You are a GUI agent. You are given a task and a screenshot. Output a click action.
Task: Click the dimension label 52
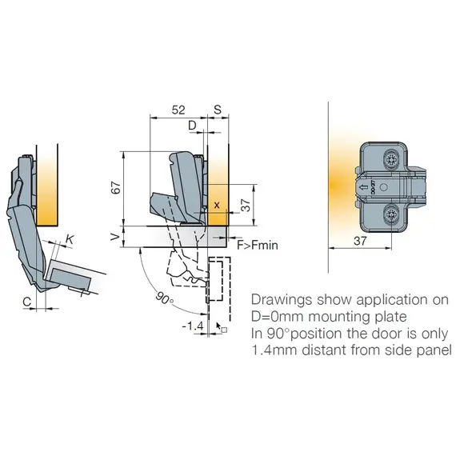(x=178, y=110)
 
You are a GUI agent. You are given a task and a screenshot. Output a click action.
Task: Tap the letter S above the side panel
(x=218, y=110)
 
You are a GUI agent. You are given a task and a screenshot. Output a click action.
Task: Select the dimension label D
(x=192, y=126)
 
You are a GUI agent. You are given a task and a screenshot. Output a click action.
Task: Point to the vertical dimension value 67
(x=116, y=187)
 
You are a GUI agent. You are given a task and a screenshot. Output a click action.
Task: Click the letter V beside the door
(x=115, y=237)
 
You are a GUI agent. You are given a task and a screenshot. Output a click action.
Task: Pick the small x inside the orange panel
(x=217, y=206)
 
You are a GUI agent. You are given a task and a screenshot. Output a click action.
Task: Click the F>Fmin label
(x=258, y=245)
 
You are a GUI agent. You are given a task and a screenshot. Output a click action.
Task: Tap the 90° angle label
(x=164, y=298)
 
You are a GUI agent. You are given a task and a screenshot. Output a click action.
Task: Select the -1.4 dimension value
(x=193, y=326)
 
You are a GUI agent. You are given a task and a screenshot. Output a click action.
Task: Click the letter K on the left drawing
(x=70, y=240)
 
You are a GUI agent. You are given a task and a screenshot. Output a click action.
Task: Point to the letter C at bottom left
(x=26, y=302)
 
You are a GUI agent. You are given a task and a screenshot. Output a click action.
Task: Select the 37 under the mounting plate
(x=360, y=241)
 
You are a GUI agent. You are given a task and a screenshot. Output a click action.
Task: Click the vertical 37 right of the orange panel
(x=246, y=205)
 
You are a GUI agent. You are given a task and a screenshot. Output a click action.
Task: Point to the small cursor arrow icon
(x=218, y=326)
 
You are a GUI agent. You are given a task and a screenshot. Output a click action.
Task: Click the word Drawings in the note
(x=282, y=299)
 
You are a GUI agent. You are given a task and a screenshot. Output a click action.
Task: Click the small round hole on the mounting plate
(x=383, y=187)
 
